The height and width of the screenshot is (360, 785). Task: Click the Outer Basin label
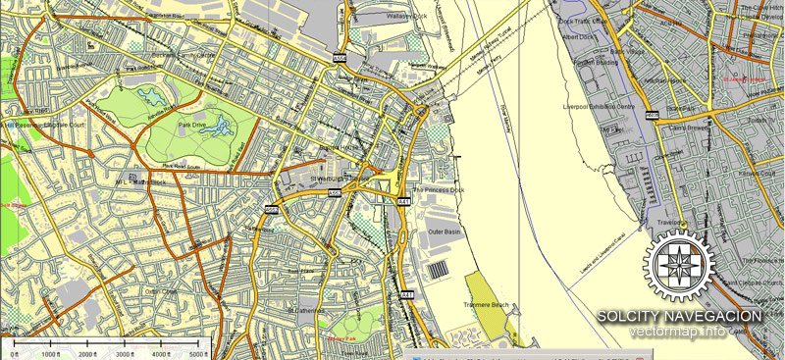[444, 231]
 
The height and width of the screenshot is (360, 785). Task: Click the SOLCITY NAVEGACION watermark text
[679, 316]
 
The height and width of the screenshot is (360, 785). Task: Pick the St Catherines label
[308, 309]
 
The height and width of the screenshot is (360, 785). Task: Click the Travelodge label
[671, 223]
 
